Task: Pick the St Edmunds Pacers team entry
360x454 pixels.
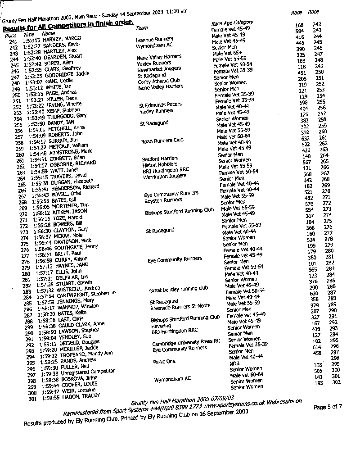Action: point(161,104)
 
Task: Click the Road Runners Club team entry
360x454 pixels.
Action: point(162,141)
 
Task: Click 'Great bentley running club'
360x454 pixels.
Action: point(179,289)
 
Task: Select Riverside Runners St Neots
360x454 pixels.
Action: point(180,308)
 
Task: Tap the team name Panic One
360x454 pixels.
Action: point(164,361)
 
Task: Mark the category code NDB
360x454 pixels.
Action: point(234,363)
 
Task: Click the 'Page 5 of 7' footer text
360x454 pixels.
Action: point(328,407)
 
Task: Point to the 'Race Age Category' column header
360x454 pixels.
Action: point(232,23)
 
